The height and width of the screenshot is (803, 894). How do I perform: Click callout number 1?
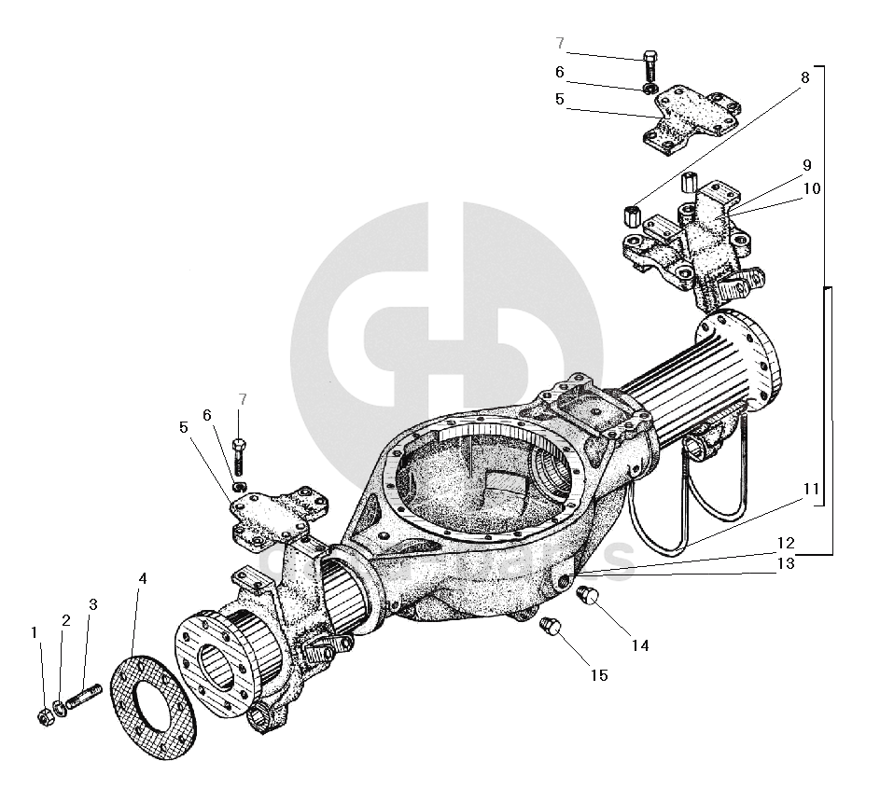[35, 632]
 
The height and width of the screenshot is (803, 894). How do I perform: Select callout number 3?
[92, 604]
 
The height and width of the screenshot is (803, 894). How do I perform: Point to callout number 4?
[142, 579]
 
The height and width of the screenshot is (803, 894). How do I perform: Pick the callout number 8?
[803, 77]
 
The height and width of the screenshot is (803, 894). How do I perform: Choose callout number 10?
[810, 188]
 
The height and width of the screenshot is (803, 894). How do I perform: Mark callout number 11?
[810, 488]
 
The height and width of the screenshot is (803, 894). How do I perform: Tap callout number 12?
[784, 543]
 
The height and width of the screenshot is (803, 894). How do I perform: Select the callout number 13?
[784, 562]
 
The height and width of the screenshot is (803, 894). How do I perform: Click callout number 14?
[638, 644]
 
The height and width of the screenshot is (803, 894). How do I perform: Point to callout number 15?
[598, 674]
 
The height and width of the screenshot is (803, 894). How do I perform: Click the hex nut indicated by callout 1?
[44, 716]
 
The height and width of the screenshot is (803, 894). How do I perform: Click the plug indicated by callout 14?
[588, 598]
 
